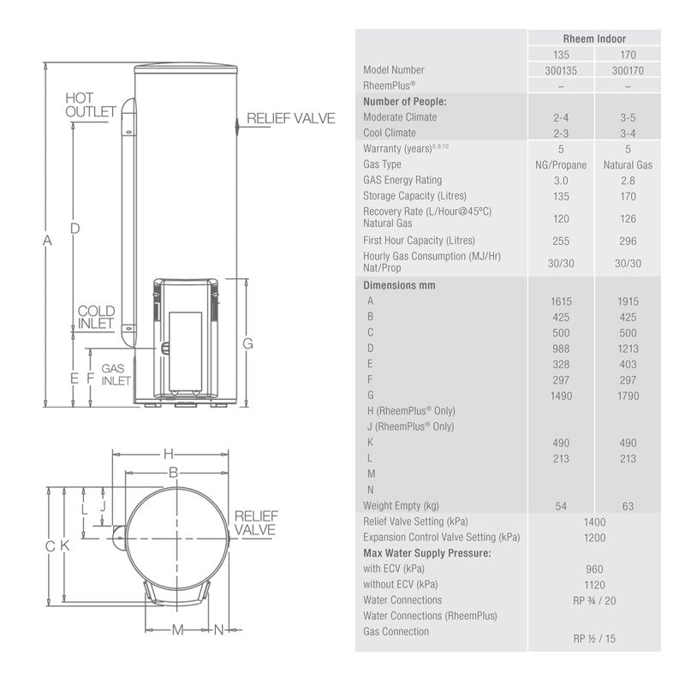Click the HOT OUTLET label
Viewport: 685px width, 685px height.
91,105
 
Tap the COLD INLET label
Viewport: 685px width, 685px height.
96,317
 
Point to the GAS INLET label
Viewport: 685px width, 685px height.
116,374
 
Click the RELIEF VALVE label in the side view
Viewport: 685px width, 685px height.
291,118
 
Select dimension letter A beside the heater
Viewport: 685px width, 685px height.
47,241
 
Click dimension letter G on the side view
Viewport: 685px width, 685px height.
247,343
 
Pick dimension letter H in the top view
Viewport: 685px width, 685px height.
169,453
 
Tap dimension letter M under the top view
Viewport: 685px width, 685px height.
178,630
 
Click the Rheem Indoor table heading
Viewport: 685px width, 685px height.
594,39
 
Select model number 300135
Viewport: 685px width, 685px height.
561,70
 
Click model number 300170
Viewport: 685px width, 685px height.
628,70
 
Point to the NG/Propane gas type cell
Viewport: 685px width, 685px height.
561,164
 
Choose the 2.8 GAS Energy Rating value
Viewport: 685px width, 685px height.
628,181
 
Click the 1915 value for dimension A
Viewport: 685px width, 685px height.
628,301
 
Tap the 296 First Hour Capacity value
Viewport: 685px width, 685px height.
628,241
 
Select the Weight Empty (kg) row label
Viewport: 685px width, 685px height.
401,505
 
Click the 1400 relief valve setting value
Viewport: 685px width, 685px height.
594,521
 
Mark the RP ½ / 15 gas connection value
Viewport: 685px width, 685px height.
594,639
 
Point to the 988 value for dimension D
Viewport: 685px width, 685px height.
561,348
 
